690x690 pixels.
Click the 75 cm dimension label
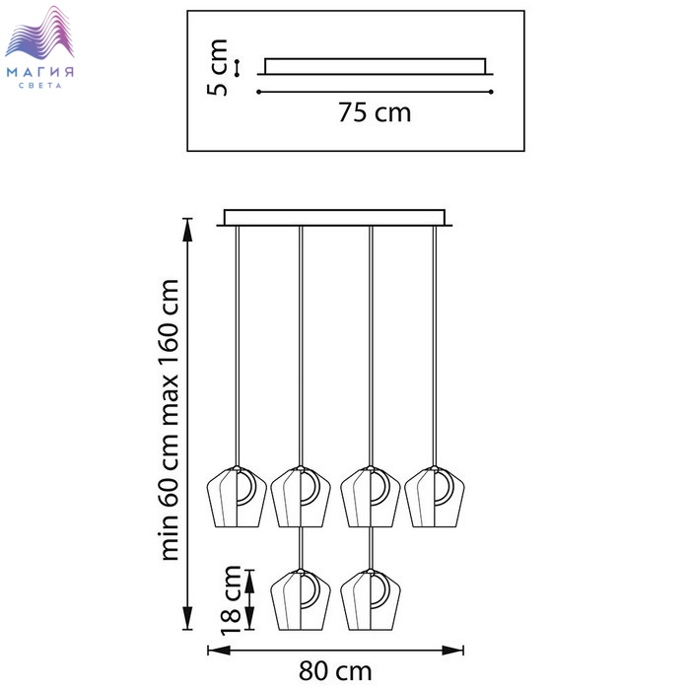point(375,112)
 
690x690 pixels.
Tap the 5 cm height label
point(217,67)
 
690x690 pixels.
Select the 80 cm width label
point(335,671)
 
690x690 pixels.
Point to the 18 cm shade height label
point(231,600)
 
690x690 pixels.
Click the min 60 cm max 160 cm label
point(170,419)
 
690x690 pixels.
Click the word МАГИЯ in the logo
point(40,72)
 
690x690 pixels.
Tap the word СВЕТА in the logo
point(40,86)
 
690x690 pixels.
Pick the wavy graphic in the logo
point(39,33)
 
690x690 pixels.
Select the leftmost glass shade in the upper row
point(237,497)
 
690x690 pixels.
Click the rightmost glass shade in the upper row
point(435,497)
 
